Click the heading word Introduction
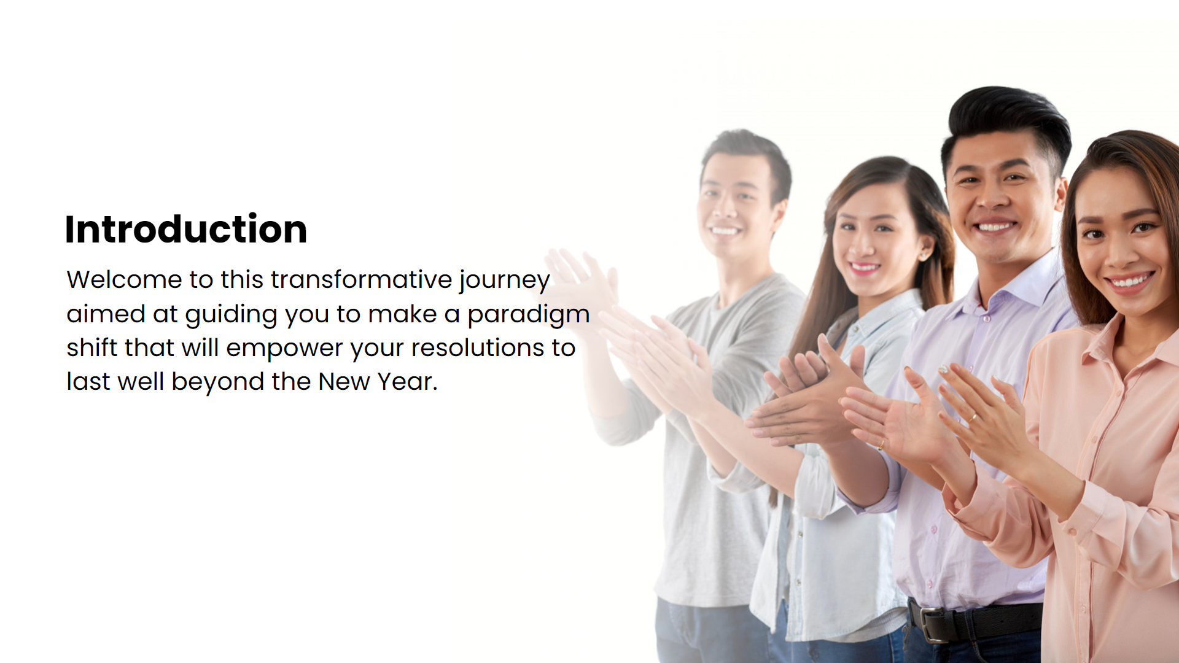point(186,229)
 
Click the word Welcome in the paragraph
point(125,280)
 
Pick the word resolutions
point(478,348)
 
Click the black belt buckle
point(933,625)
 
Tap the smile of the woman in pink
point(1129,282)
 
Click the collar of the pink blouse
point(1105,344)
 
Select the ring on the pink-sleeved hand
point(973,418)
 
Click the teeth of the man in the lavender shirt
point(995,228)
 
